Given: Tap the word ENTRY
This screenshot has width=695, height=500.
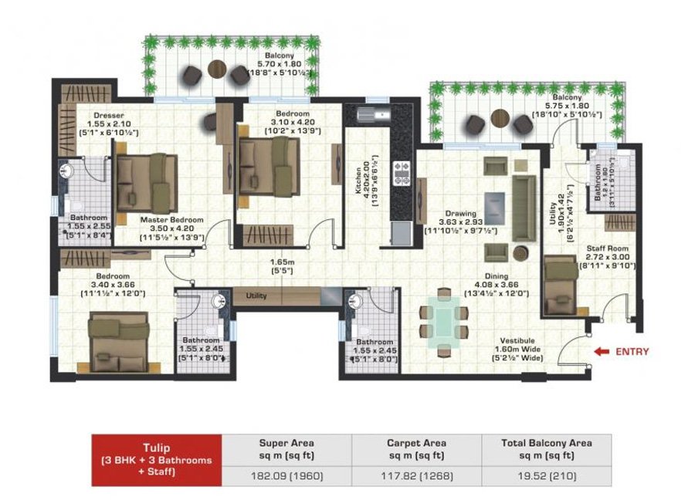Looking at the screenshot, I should tap(632, 352).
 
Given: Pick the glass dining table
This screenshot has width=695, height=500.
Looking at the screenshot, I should tap(443, 321).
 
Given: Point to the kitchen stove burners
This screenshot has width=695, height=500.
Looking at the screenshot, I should tap(402, 173).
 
